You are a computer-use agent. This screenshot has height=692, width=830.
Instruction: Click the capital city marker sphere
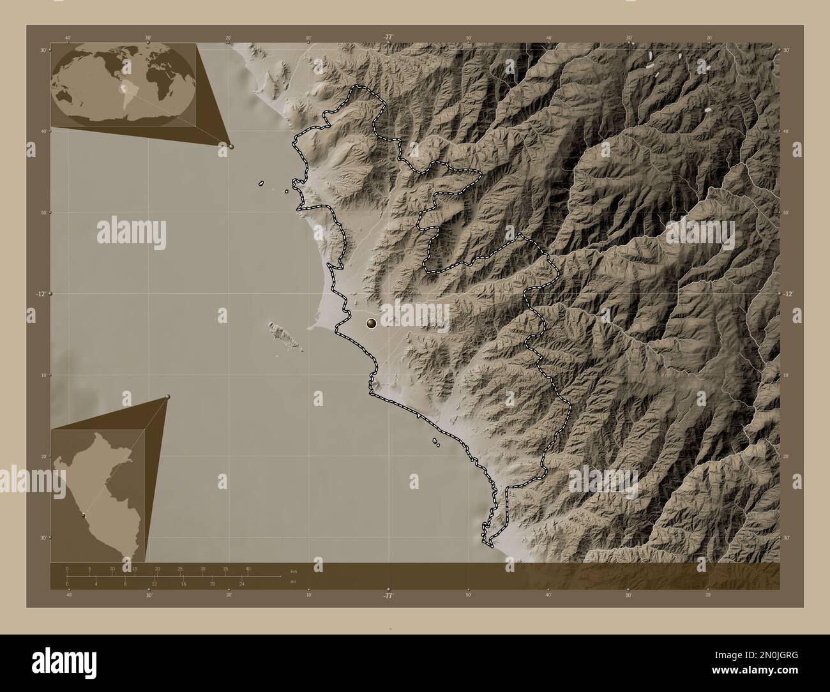pos(371,324)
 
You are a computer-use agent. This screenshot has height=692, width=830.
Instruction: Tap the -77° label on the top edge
pos(388,37)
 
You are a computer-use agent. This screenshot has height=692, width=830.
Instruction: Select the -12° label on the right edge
pos(789,294)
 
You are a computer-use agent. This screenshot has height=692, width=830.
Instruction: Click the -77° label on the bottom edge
pos(388,595)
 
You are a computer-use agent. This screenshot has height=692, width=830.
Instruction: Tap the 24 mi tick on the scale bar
pos(242,583)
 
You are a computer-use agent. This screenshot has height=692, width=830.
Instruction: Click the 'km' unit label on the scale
pos(293,571)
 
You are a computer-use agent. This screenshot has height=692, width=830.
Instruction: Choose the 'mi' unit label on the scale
pos(292,582)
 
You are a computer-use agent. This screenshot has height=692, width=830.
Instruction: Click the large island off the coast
pos(278,333)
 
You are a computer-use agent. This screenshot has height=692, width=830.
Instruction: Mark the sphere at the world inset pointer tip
pos(230,146)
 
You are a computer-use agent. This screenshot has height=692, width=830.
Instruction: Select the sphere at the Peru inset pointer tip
pos(167,397)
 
